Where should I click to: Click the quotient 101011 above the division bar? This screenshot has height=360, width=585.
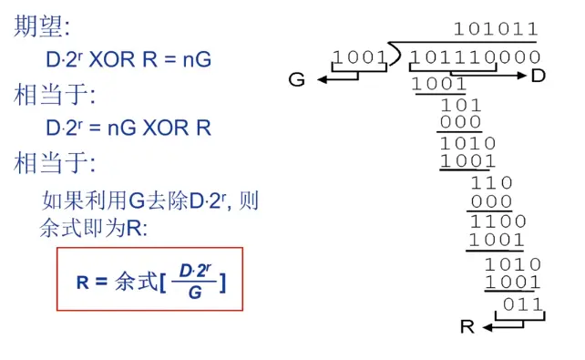pos(496,29)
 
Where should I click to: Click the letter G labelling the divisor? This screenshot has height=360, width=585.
pos(296,80)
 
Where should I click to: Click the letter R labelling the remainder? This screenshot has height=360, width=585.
pos(467,327)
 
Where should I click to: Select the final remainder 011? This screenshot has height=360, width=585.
pos(522,303)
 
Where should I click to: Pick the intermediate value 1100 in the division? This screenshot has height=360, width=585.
pos(498,221)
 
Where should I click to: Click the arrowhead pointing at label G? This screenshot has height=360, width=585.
pos(322,79)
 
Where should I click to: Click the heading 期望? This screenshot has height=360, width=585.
pos(36,26)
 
